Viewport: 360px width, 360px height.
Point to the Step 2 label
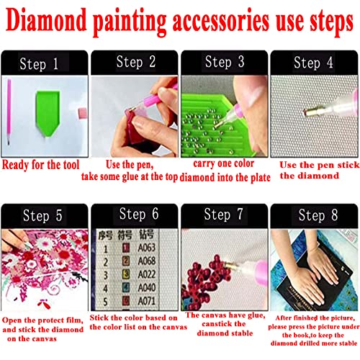coord(130,63)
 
